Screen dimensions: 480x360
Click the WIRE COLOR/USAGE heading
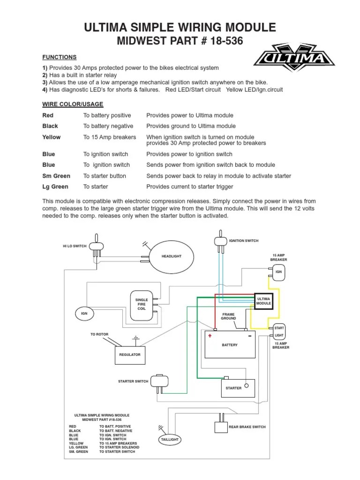click(x=73, y=104)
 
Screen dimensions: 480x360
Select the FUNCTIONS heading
click(x=60, y=57)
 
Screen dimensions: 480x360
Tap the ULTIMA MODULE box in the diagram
click(x=263, y=301)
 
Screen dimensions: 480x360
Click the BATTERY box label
click(x=230, y=345)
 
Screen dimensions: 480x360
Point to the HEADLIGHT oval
click(x=171, y=256)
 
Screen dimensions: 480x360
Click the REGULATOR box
click(x=130, y=355)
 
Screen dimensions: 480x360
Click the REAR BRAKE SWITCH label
click(x=247, y=427)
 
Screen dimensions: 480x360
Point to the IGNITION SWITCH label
click(x=243, y=241)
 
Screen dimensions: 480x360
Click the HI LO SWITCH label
click(x=75, y=246)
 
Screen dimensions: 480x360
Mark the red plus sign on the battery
click(x=210, y=336)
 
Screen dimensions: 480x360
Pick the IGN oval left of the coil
click(x=84, y=313)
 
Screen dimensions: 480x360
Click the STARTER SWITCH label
click(x=133, y=382)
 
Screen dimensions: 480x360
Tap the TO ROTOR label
click(x=99, y=334)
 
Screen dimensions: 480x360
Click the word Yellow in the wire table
click(x=51, y=137)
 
